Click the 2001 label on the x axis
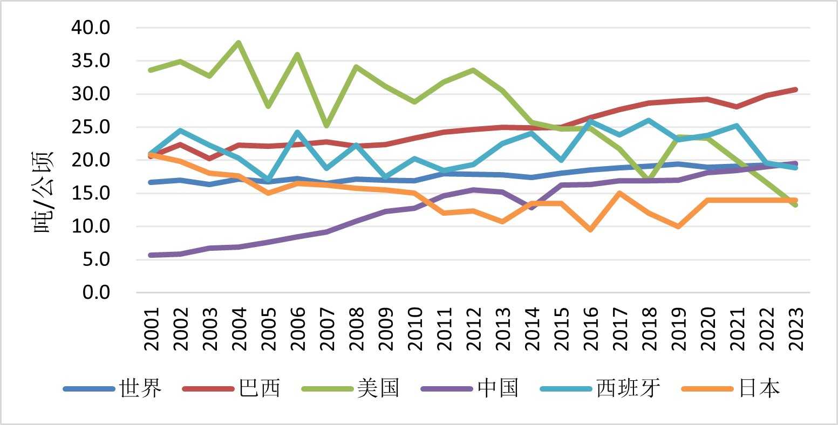(x=152, y=330)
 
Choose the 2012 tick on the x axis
(x=473, y=330)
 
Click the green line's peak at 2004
(x=239, y=43)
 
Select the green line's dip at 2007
(x=327, y=126)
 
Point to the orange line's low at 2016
(x=591, y=230)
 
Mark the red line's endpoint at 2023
(x=795, y=90)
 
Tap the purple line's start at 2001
(x=152, y=255)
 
